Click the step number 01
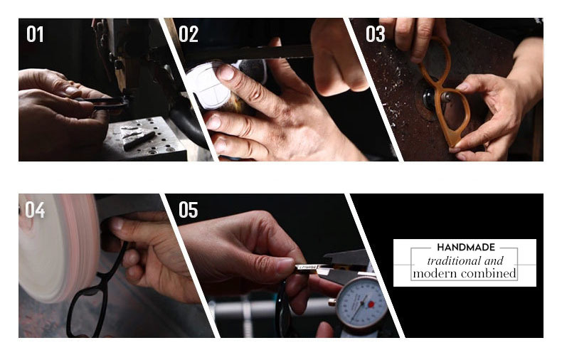(x=35, y=34)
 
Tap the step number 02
(x=189, y=34)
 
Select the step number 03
(x=376, y=34)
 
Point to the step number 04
(x=35, y=210)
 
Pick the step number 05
(x=189, y=210)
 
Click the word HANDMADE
(x=466, y=247)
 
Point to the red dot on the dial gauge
(x=371, y=304)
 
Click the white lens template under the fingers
(x=211, y=85)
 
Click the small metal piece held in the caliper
(x=307, y=268)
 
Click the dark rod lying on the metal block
(x=139, y=141)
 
